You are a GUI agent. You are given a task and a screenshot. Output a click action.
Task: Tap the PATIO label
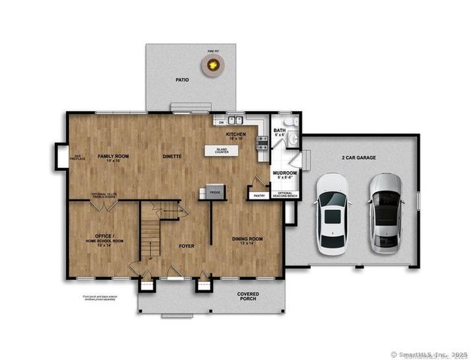(182, 79)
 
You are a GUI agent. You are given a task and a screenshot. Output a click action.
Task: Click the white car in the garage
(331, 214)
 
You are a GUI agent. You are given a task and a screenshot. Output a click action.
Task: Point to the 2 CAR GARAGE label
(359, 157)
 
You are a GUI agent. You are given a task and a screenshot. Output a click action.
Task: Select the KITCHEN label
(237, 136)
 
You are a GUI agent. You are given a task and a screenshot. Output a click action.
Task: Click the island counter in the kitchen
(222, 151)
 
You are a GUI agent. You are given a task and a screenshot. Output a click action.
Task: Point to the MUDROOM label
(285, 173)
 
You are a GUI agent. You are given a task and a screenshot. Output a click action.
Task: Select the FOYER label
(186, 245)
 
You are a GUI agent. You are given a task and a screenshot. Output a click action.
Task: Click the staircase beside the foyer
(152, 232)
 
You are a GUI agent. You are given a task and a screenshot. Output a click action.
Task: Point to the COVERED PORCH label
(248, 295)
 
